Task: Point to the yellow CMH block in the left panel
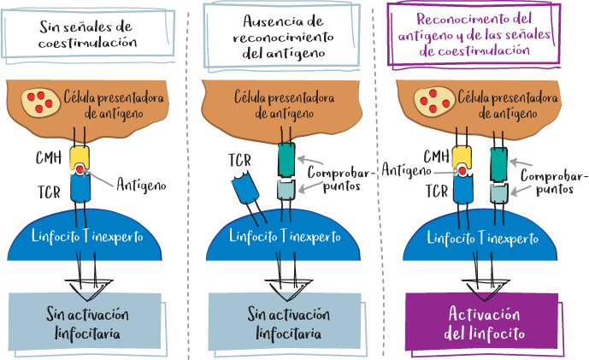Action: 80,157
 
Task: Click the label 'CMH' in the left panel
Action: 48,157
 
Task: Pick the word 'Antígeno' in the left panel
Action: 142,184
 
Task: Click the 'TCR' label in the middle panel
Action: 240,158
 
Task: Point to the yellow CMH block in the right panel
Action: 462,157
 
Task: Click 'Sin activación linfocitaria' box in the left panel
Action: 85,321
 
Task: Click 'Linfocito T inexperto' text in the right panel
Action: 485,235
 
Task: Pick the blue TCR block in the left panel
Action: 80,193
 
